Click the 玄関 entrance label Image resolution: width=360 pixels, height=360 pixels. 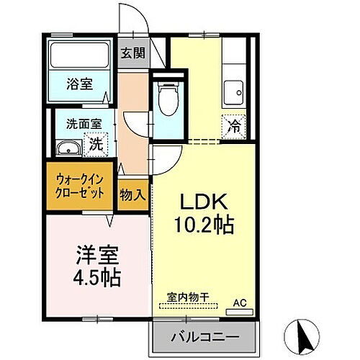[x=131, y=53]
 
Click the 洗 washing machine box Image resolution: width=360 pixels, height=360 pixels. [x=95, y=144]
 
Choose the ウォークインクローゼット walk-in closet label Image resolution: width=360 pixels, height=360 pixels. [x=81, y=187]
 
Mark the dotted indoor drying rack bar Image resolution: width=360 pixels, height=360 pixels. [x=193, y=305]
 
